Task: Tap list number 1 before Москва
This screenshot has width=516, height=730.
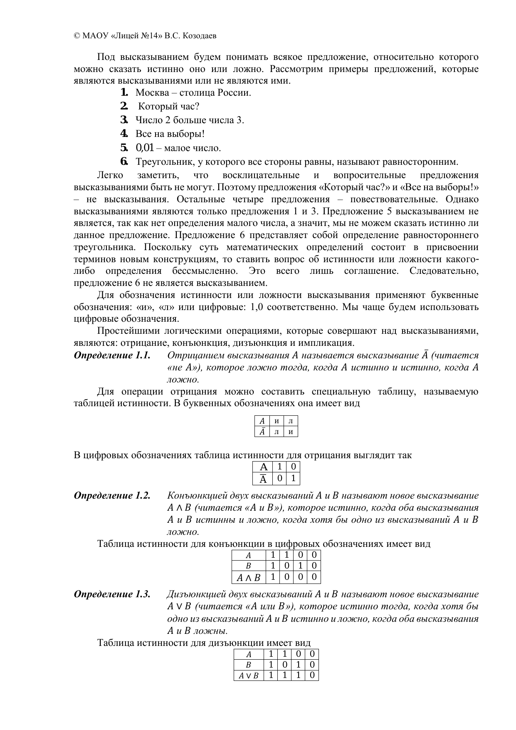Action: [123, 92]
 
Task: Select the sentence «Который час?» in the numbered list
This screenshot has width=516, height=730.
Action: [168, 106]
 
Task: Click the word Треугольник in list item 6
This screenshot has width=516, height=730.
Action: [160, 161]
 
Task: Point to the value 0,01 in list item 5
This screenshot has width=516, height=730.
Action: [145, 148]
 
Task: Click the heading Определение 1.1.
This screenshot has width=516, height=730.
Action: [112, 355]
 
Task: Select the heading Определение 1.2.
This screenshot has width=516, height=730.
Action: [112, 496]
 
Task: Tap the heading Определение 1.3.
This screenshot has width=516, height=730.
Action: [112, 594]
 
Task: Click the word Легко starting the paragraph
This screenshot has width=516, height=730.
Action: [110, 175]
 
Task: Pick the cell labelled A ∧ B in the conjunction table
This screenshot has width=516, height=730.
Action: [248, 578]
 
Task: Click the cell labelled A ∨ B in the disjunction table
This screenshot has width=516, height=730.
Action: [249, 675]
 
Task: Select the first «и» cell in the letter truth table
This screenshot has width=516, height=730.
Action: [277, 421]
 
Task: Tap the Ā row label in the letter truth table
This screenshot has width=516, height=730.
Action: [262, 432]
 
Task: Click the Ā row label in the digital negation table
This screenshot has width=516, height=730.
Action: [263, 479]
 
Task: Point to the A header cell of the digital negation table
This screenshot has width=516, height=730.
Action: [263, 467]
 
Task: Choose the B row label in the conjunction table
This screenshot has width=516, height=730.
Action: [248, 566]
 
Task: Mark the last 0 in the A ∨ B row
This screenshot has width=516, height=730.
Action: [312, 675]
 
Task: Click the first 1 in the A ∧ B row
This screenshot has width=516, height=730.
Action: [273, 577]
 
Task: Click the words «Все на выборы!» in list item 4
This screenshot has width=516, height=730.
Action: [170, 134]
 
